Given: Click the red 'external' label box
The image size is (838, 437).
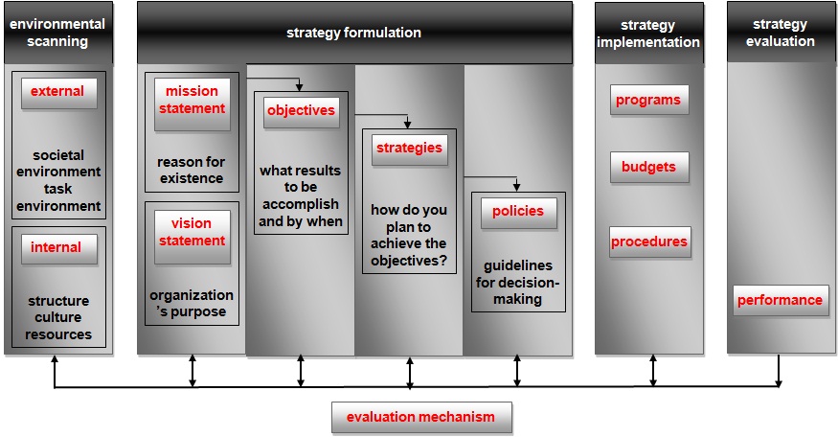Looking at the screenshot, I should coord(57,93).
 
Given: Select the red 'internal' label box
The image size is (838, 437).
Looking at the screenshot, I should coord(57,248).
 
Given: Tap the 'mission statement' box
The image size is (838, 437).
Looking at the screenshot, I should coord(192,101).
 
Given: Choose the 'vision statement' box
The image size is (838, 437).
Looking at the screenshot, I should coord(192,233).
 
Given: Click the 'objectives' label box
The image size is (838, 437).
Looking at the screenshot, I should coord(301,111).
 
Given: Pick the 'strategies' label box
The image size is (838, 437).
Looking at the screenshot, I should coord(409,149).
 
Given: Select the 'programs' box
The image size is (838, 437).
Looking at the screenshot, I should coord(648,101).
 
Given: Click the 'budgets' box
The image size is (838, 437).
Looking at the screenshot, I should coord(648,168).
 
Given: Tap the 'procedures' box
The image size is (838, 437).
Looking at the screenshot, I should coord(649,242).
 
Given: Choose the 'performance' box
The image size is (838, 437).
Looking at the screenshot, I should coord(780,301).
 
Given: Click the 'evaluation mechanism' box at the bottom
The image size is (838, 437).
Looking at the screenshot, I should coord(421,418).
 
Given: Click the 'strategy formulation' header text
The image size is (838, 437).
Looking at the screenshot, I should coord(353,33).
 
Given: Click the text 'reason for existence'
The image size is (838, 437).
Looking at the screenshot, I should coord(191,171).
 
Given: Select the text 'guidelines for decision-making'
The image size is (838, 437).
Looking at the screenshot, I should coord(518,282).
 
